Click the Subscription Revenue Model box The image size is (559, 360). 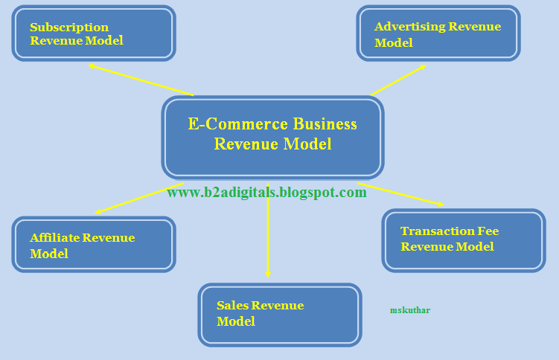click(94, 33)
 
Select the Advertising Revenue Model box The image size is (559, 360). click(438, 33)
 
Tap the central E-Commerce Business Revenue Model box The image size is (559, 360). click(272, 137)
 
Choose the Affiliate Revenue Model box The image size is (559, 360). click(94, 245)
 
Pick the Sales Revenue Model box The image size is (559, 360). click(279, 314)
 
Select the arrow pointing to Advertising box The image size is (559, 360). click(398, 80)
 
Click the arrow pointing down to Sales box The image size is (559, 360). click(268, 238)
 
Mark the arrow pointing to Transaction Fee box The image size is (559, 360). click(402, 194)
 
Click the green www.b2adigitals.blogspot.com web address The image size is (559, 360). click(266, 193)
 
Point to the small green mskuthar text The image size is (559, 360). click(410, 310)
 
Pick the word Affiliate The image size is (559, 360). click(54, 238)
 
